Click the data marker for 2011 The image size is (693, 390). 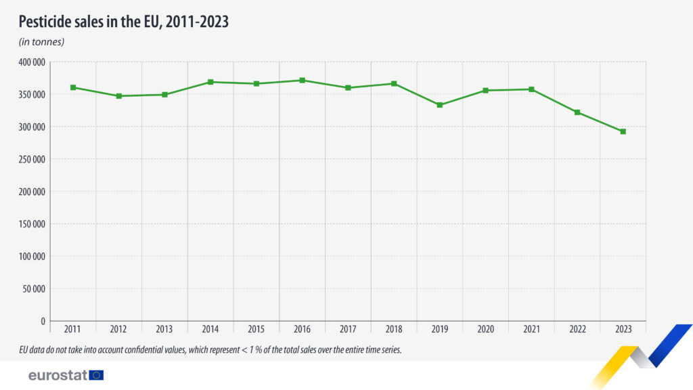pyautogui.click(x=73, y=87)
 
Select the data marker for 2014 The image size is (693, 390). pyautogui.click(x=210, y=82)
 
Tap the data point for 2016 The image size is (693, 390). pyautogui.click(x=302, y=81)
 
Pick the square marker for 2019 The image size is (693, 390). pyautogui.click(x=440, y=105)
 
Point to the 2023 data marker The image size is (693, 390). pyautogui.click(x=623, y=131)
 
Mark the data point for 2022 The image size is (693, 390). pyautogui.click(x=577, y=112)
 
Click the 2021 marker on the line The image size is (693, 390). pyautogui.click(x=531, y=89)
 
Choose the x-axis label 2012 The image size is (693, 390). pyautogui.click(x=118, y=329)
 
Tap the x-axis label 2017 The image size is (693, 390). pyautogui.click(x=348, y=329)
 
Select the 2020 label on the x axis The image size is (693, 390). pyautogui.click(x=485, y=329)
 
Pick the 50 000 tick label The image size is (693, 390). pyautogui.click(x=34, y=289)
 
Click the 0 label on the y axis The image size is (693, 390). pyautogui.click(x=42, y=321)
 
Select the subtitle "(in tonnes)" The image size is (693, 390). pyautogui.click(x=41, y=42)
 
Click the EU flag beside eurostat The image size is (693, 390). pyautogui.click(x=96, y=375)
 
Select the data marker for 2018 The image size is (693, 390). pyautogui.click(x=394, y=84)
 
